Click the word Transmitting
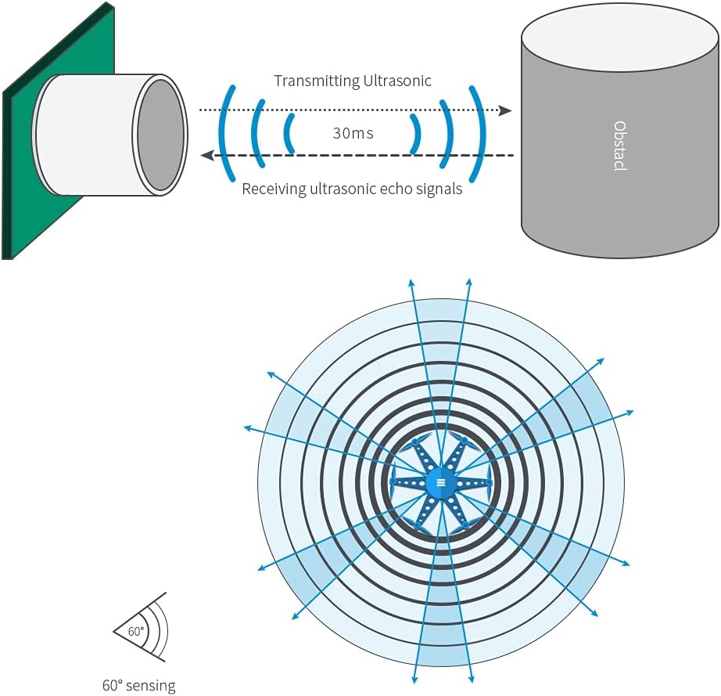click(312, 81)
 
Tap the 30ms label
click(353, 133)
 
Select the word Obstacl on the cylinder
click(619, 146)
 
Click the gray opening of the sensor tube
click(161, 135)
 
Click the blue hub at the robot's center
click(441, 482)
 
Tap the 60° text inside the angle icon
click(136, 631)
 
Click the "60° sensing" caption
click(139, 686)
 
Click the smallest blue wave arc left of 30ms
click(289, 133)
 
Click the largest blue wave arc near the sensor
click(225, 133)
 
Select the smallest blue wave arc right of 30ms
click(417, 133)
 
